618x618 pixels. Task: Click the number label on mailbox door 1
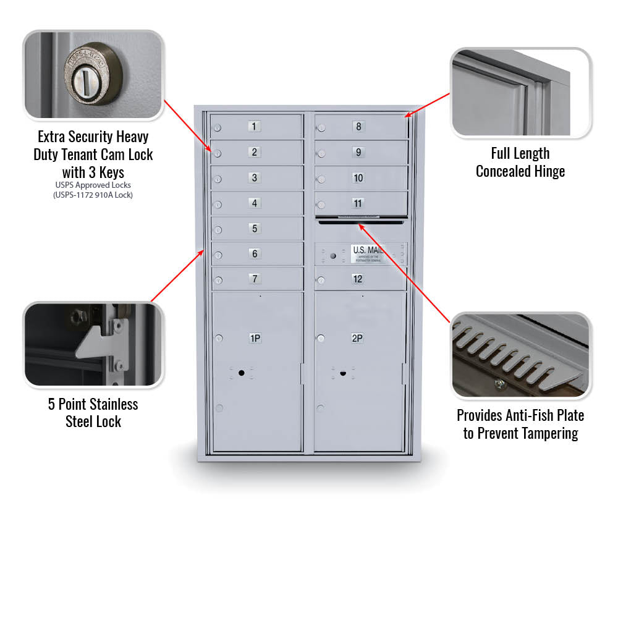255,127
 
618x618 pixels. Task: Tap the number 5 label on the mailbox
255,229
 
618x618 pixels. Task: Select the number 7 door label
255,279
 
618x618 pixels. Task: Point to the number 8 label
358,127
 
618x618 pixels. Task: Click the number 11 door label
358,203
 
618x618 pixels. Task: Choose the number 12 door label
358,279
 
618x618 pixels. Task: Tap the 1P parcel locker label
255,338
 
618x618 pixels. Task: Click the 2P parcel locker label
357,338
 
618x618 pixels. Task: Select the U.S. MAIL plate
367,253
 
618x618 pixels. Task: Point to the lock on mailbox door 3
218,179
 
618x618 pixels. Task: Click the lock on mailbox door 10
321,179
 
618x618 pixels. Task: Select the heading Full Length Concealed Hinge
520,163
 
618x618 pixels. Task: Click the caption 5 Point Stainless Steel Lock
93,413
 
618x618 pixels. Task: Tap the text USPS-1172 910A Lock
93,195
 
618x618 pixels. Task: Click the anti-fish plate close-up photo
520,355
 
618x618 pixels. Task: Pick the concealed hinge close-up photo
520,93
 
